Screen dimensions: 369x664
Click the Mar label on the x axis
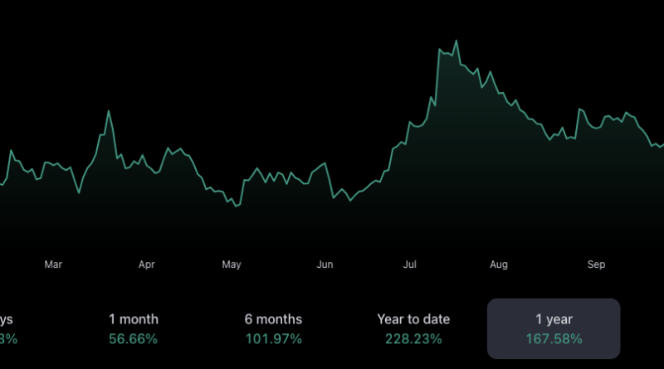tap(53, 265)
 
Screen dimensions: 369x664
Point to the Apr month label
tap(147, 265)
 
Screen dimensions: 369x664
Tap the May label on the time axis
tap(232, 265)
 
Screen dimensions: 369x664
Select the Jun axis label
tap(325, 265)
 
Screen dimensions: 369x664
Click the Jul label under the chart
tap(410, 265)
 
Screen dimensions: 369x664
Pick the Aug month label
tap(499, 265)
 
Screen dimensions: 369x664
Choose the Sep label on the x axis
tap(596, 265)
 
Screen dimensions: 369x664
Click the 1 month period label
tap(134, 319)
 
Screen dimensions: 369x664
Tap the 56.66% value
tap(134, 338)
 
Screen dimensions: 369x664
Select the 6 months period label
tap(273, 319)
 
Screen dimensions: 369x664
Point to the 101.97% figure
tap(273, 338)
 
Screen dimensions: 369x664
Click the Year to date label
tap(413, 319)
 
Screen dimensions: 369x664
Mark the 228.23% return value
tap(413, 338)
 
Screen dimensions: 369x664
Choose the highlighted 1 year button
tap(554, 328)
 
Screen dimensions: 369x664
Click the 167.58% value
tap(554, 338)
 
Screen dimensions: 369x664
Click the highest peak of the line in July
tap(456, 41)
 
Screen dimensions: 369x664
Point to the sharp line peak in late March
tap(108, 111)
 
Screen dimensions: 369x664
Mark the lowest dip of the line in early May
tap(237, 206)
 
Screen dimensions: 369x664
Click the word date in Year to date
tap(436, 319)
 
